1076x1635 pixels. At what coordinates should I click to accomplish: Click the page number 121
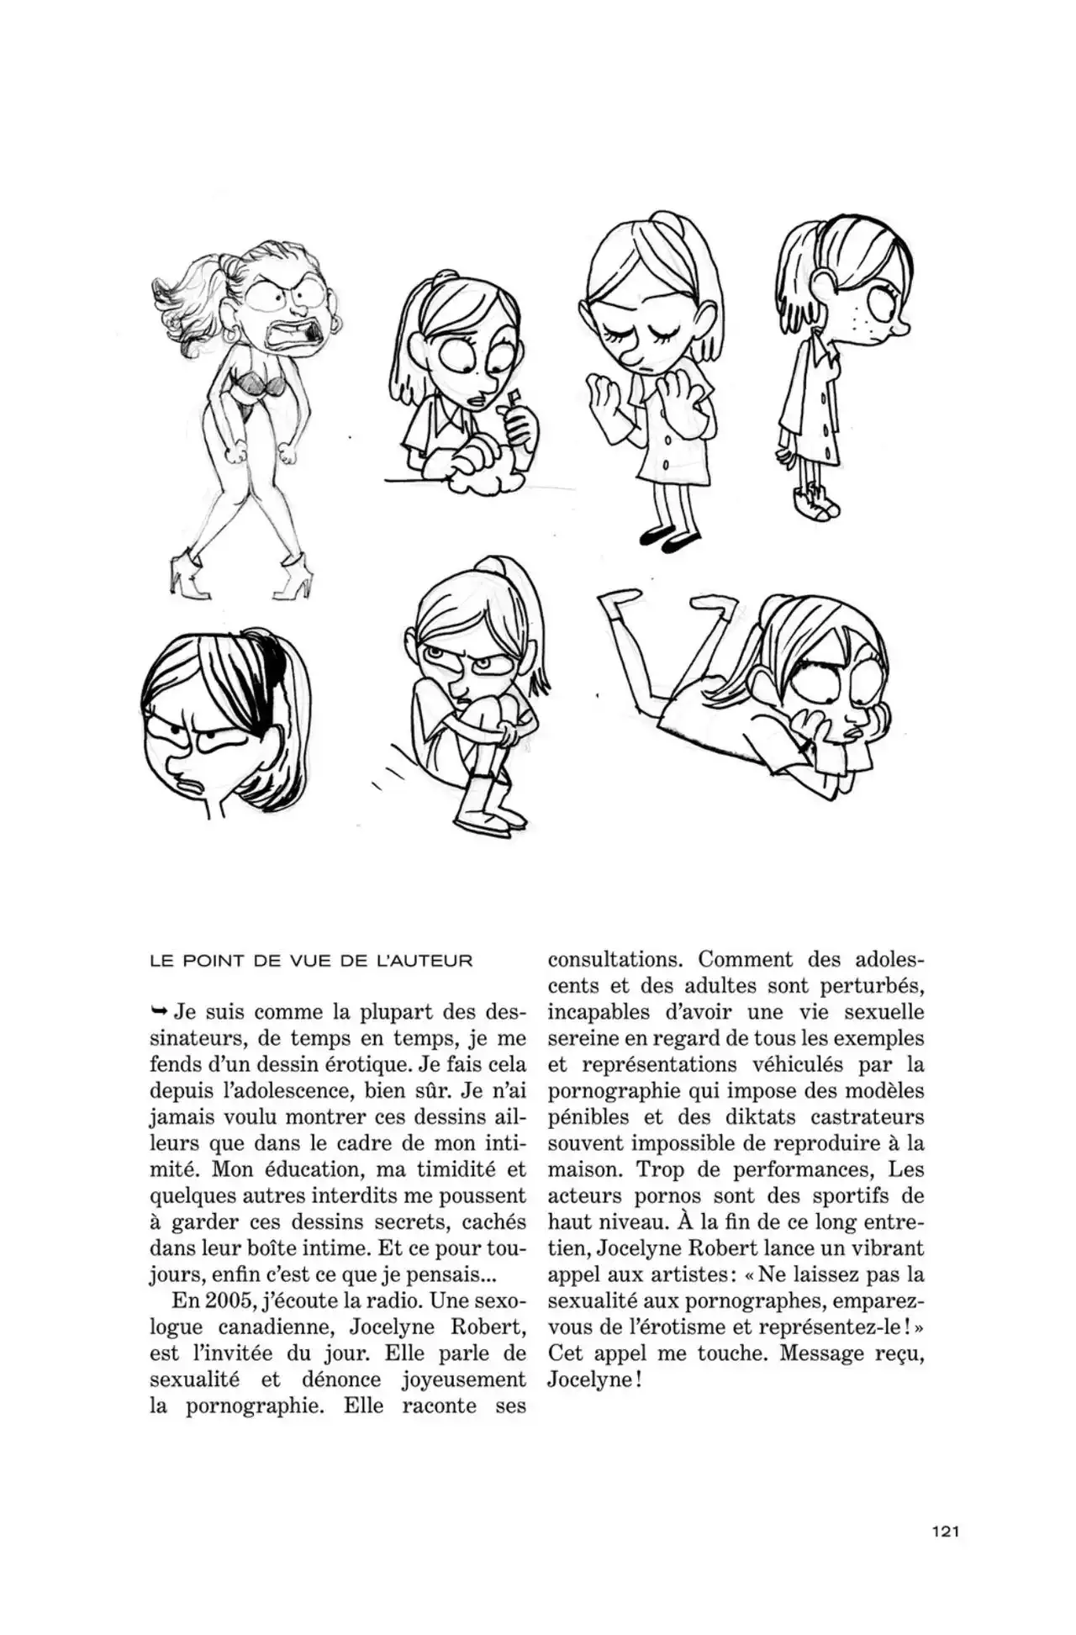click(945, 1531)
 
